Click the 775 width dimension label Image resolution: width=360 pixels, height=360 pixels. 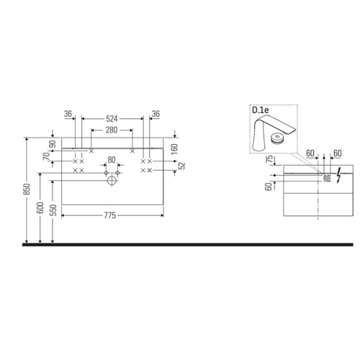click(111, 215)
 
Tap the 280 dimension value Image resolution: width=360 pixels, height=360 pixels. click(111, 130)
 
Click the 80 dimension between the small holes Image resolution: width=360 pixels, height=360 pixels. click(111, 160)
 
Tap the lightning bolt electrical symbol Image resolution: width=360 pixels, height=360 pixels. click(336, 177)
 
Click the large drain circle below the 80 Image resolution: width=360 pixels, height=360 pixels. click(112, 180)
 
